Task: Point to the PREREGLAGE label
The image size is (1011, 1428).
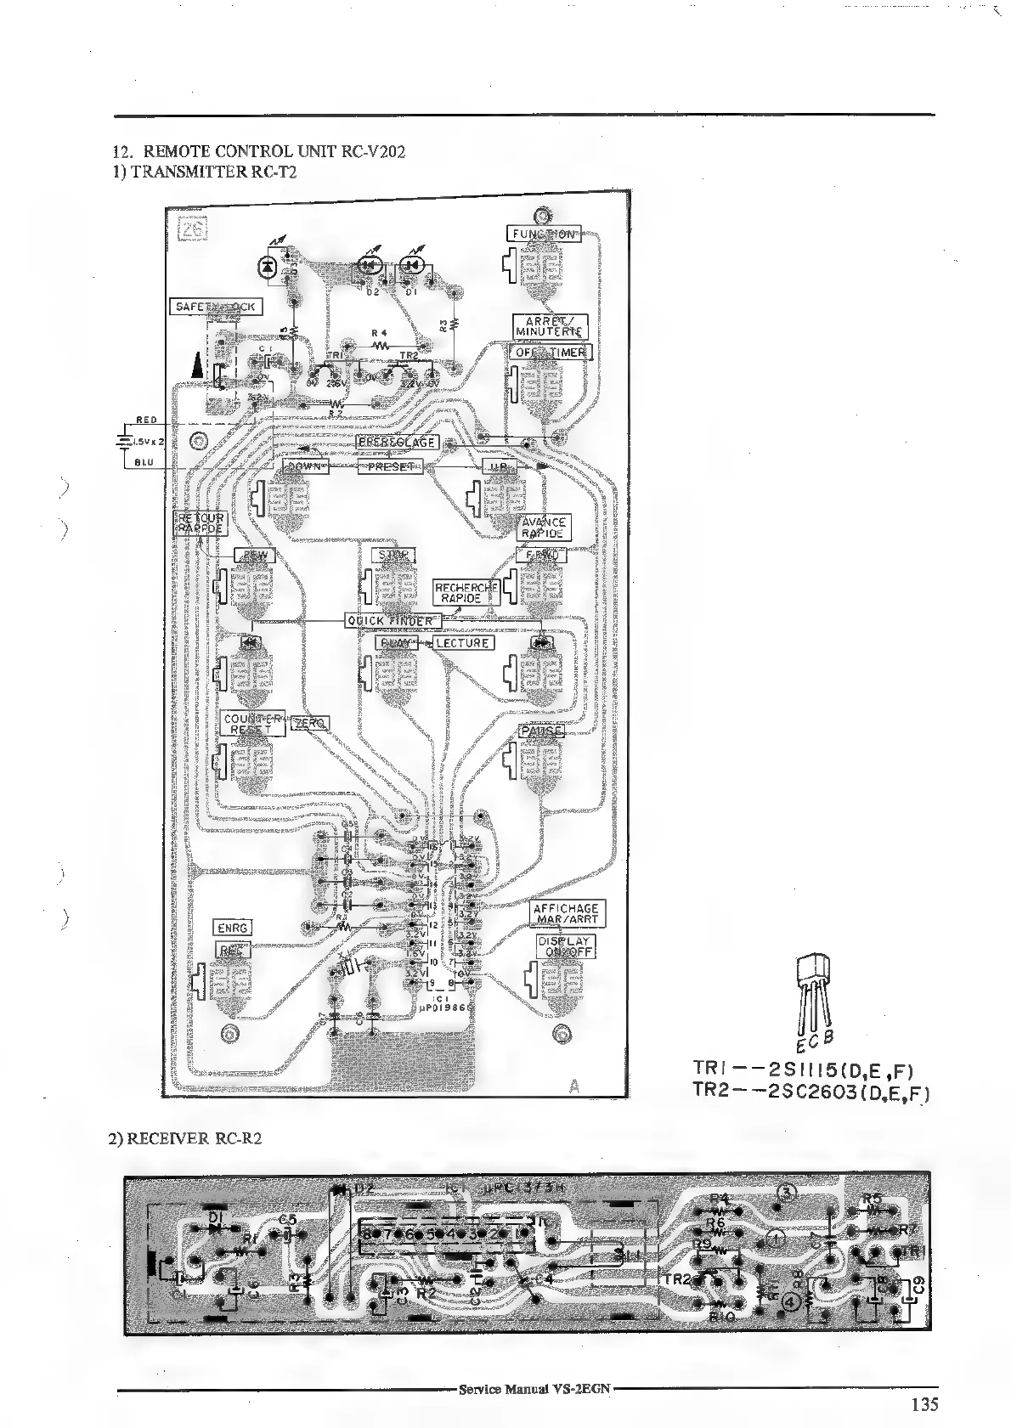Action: click(397, 443)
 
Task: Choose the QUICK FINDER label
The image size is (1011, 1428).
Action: click(393, 621)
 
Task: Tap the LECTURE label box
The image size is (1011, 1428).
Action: click(463, 643)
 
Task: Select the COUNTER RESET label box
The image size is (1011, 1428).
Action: click(251, 724)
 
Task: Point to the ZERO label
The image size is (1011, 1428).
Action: click(310, 723)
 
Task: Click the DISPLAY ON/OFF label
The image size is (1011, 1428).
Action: click(565, 946)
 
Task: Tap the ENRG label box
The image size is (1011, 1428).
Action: click(232, 928)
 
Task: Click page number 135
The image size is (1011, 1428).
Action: click(924, 1404)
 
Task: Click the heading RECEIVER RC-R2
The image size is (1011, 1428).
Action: click(185, 1138)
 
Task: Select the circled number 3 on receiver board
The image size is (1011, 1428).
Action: click(788, 1192)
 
